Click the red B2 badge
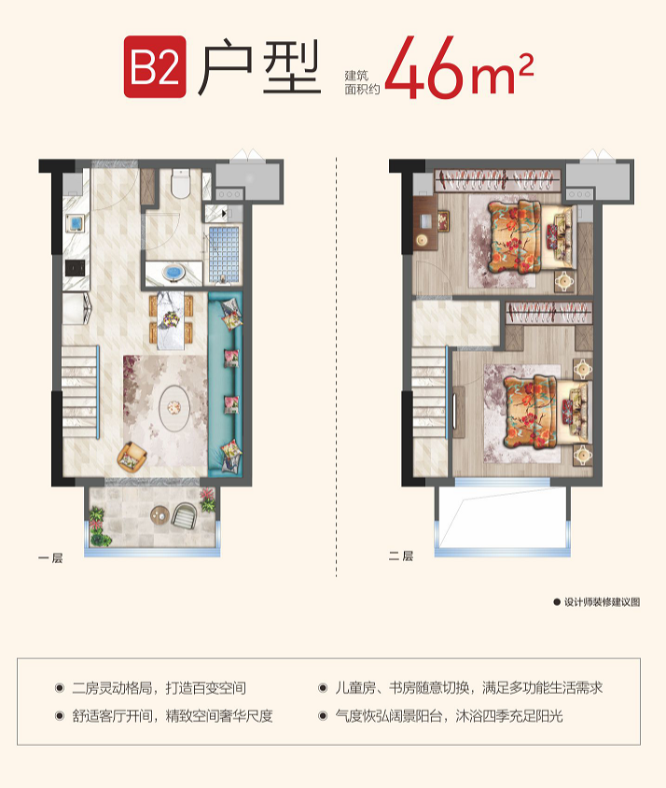(155, 66)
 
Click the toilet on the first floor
(180, 183)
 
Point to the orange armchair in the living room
(132, 456)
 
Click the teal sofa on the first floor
(226, 385)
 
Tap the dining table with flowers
(171, 320)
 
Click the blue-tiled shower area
(224, 254)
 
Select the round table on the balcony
(160, 515)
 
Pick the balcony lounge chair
(185, 515)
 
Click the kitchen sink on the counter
(76, 222)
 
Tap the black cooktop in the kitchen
(75, 268)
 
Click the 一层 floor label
(50, 557)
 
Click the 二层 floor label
(400, 556)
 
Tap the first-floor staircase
(80, 391)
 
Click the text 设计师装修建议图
(603, 602)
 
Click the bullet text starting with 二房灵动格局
(159, 687)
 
